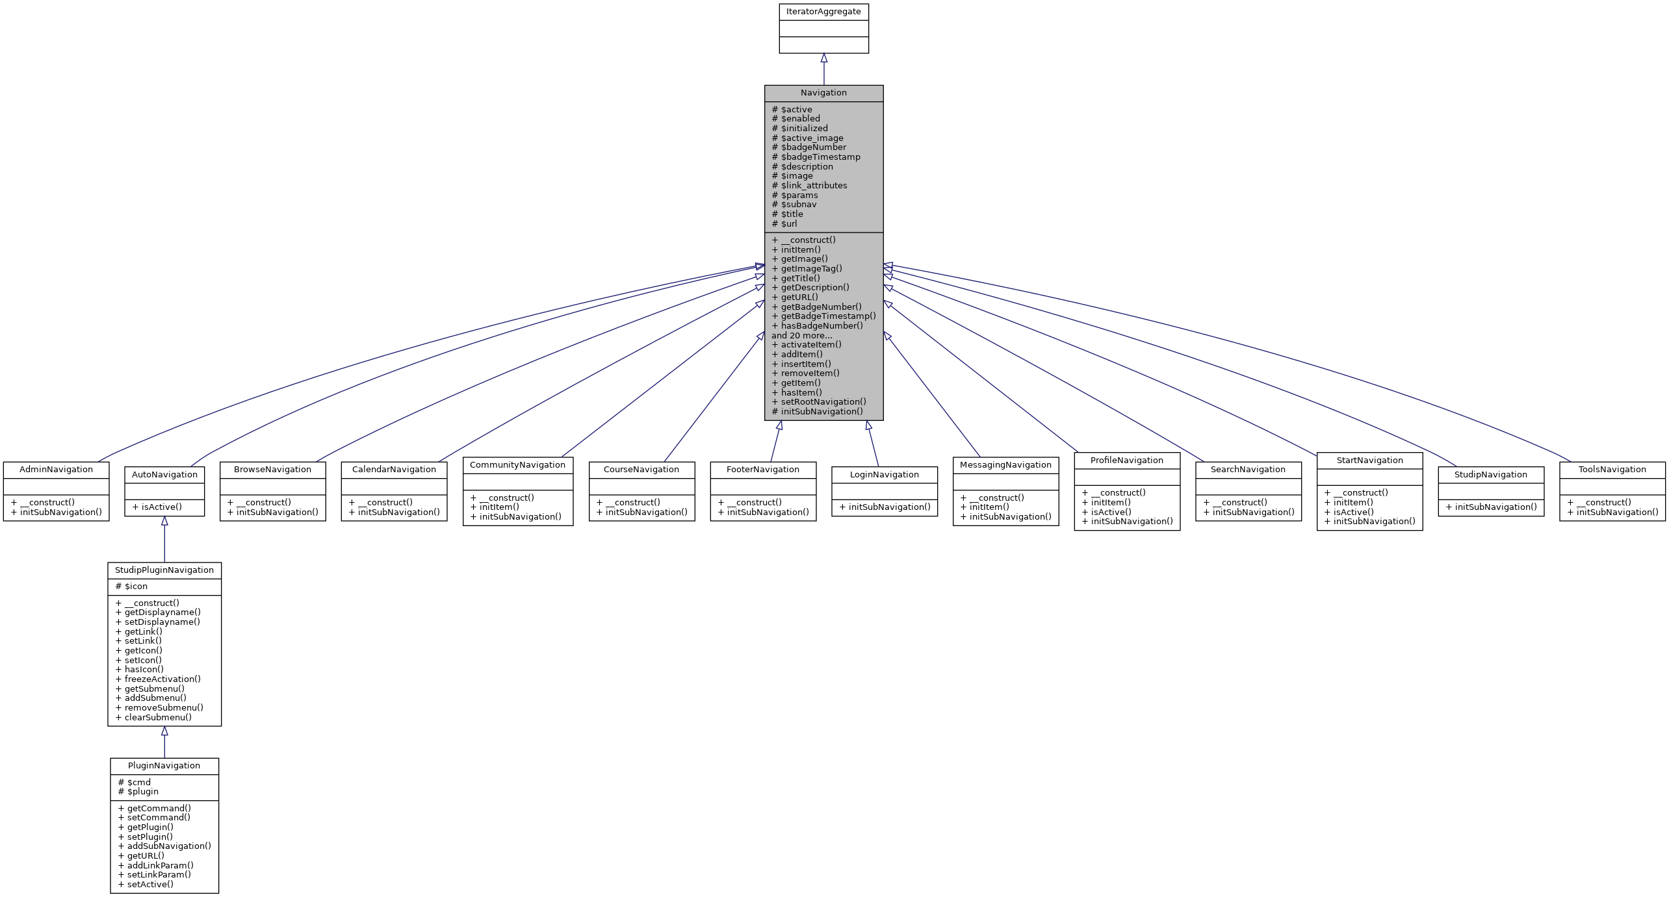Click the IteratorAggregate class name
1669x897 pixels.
pos(823,12)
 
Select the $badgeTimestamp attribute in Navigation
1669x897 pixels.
pos(820,157)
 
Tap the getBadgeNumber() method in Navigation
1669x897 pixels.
pos(821,307)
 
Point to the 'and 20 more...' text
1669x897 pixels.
pos(801,335)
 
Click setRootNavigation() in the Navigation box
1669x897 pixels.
pos(823,401)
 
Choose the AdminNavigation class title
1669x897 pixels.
pos(56,469)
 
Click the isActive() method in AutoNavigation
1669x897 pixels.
pos(161,507)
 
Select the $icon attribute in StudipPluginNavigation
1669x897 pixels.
pos(136,586)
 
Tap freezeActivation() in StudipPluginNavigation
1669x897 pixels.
pos(162,679)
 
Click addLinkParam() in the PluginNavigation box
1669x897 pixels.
pos(160,865)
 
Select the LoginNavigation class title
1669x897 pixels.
pos(884,474)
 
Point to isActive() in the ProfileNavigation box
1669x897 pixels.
pos(1111,511)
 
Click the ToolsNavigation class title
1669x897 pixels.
pos(1612,469)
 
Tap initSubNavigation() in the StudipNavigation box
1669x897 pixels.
pos(1495,507)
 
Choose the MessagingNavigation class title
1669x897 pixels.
pos(1005,464)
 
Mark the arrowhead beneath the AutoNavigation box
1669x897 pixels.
pos(164,522)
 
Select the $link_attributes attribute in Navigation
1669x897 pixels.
pos(814,185)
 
